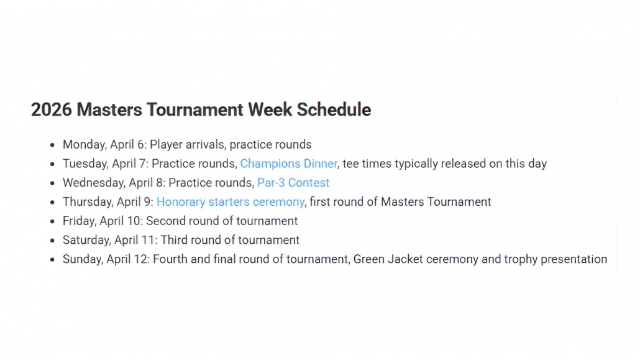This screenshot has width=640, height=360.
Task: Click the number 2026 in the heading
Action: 52,109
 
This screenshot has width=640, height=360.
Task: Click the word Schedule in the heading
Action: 334,109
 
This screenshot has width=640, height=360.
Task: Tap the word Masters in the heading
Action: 109,109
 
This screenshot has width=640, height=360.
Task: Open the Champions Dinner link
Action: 288,164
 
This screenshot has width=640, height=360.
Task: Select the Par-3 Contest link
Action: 293,183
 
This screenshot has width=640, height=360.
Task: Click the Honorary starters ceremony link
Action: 230,202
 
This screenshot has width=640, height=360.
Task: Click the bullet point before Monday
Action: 52,145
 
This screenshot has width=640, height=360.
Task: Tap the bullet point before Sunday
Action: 52,259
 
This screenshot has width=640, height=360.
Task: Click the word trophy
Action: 521,259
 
